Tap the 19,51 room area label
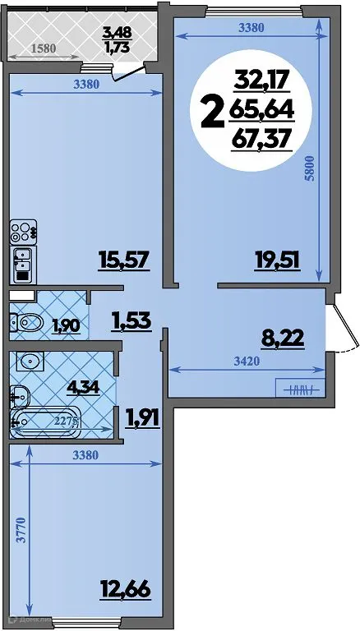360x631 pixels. point(277,261)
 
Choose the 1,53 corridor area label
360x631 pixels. point(131,320)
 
